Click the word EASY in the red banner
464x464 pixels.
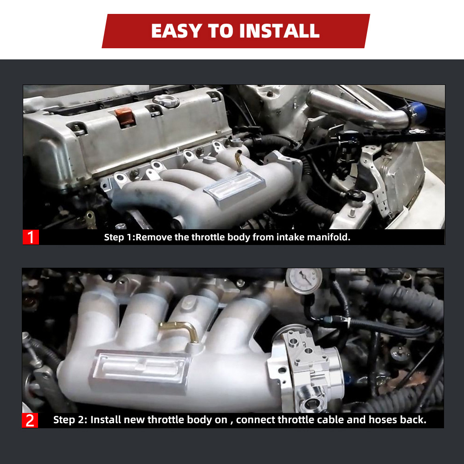point(177,31)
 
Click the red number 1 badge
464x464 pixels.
point(31,237)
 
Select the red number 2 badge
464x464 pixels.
point(30,420)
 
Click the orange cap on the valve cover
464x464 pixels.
point(124,116)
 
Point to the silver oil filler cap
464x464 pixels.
point(166,101)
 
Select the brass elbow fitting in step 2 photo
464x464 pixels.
point(180,329)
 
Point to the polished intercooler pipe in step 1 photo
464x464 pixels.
point(358,110)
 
